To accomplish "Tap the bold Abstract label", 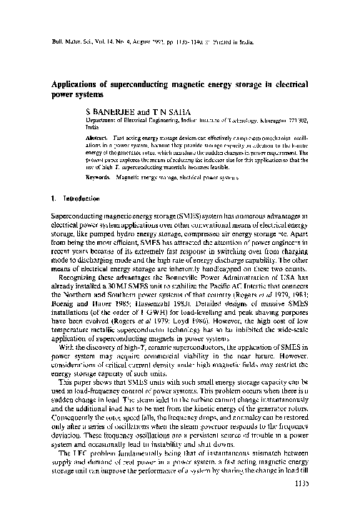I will pos(116,136).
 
